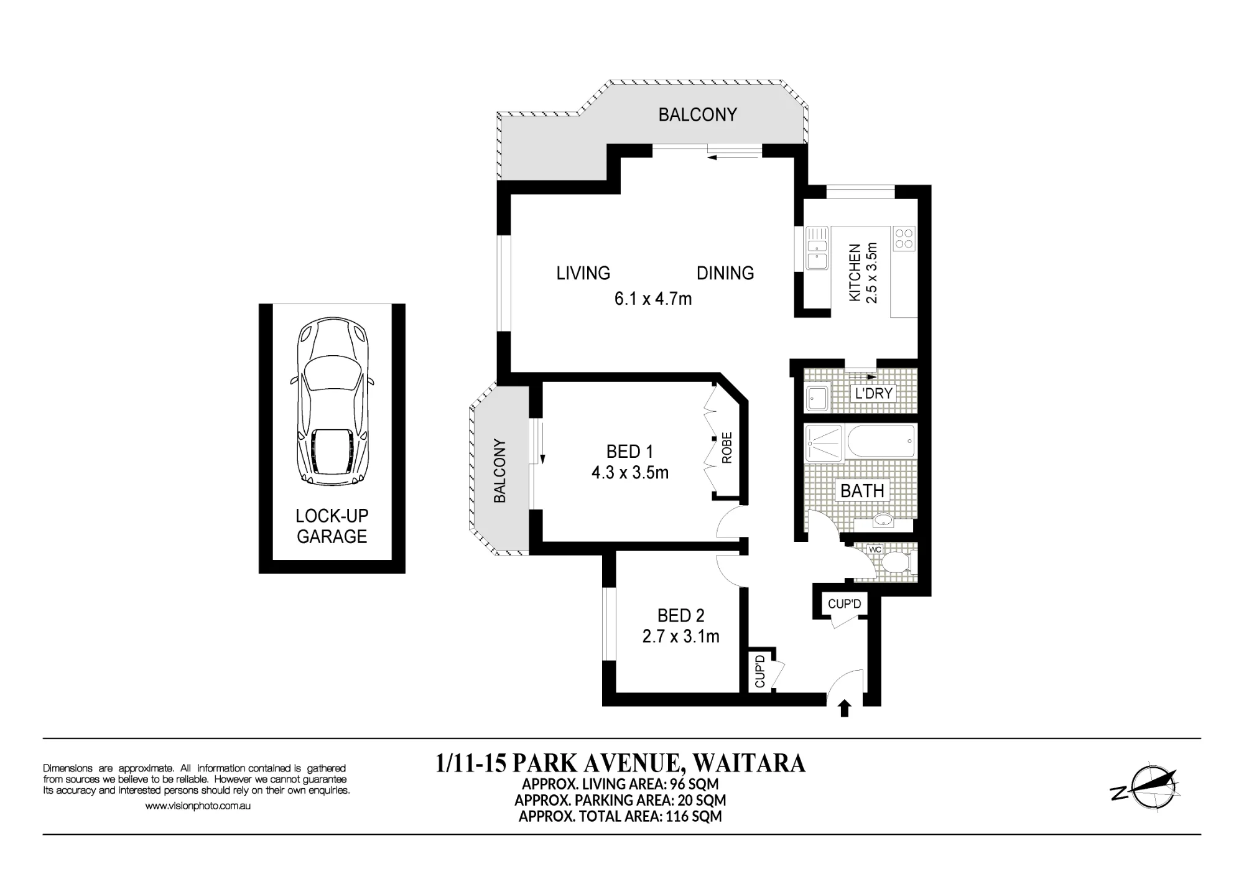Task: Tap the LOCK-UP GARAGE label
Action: click(332, 526)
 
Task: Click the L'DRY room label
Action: click(874, 393)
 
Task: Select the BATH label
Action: click(862, 491)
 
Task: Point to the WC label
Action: click(875, 550)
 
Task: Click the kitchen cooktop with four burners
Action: click(904, 239)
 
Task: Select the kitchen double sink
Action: click(817, 248)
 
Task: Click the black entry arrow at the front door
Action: click(844, 709)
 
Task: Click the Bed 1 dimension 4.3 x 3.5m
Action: click(630, 473)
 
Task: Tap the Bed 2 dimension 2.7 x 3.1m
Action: click(680, 636)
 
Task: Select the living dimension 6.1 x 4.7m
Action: click(653, 299)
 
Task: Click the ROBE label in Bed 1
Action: click(726, 448)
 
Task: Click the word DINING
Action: click(725, 273)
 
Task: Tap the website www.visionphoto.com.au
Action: click(198, 806)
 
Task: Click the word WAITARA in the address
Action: click(749, 763)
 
